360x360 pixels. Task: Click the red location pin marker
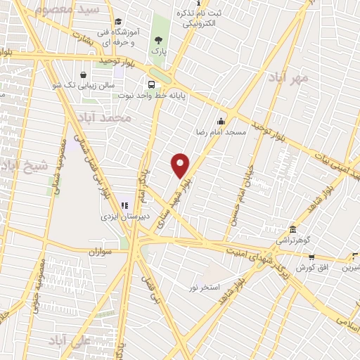(181, 165)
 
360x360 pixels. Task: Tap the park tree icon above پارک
(156, 39)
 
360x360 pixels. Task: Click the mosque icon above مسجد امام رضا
(221, 120)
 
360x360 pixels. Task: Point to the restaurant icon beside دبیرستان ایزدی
(124, 206)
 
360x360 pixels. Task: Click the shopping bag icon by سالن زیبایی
(84, 75)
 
